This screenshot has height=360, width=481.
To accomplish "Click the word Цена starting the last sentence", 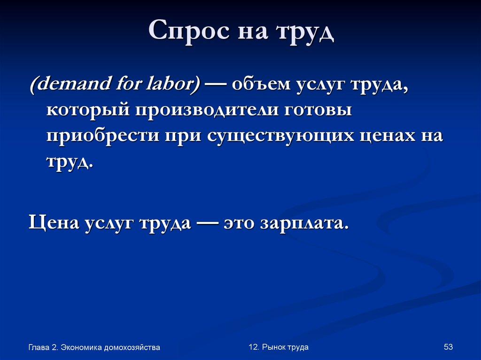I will tap(53, 221).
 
